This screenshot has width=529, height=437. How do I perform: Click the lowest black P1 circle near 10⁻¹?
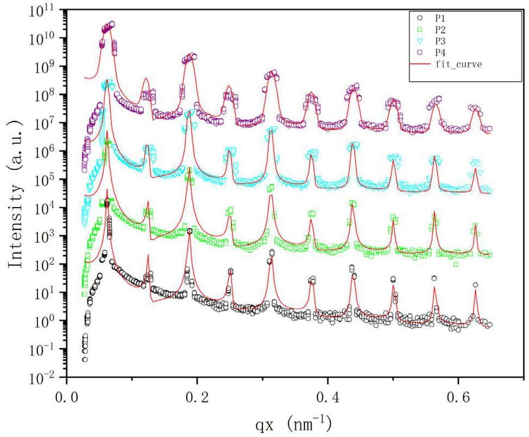click(85, 359)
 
